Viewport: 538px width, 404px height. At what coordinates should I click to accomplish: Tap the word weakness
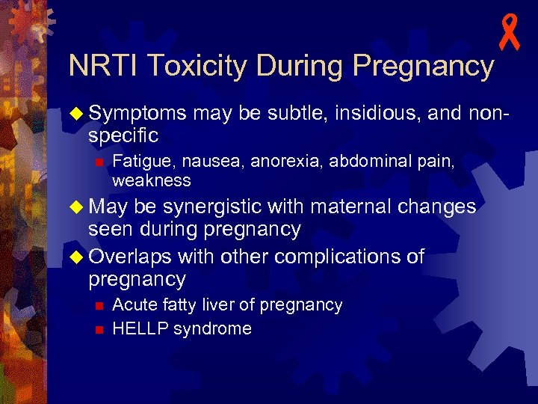click(152, 180)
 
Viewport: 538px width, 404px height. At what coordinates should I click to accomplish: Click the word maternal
click(354, 206)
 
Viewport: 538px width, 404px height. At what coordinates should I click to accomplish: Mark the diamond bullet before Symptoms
click(77, 113)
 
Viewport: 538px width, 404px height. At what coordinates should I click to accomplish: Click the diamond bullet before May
click(77, 206)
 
